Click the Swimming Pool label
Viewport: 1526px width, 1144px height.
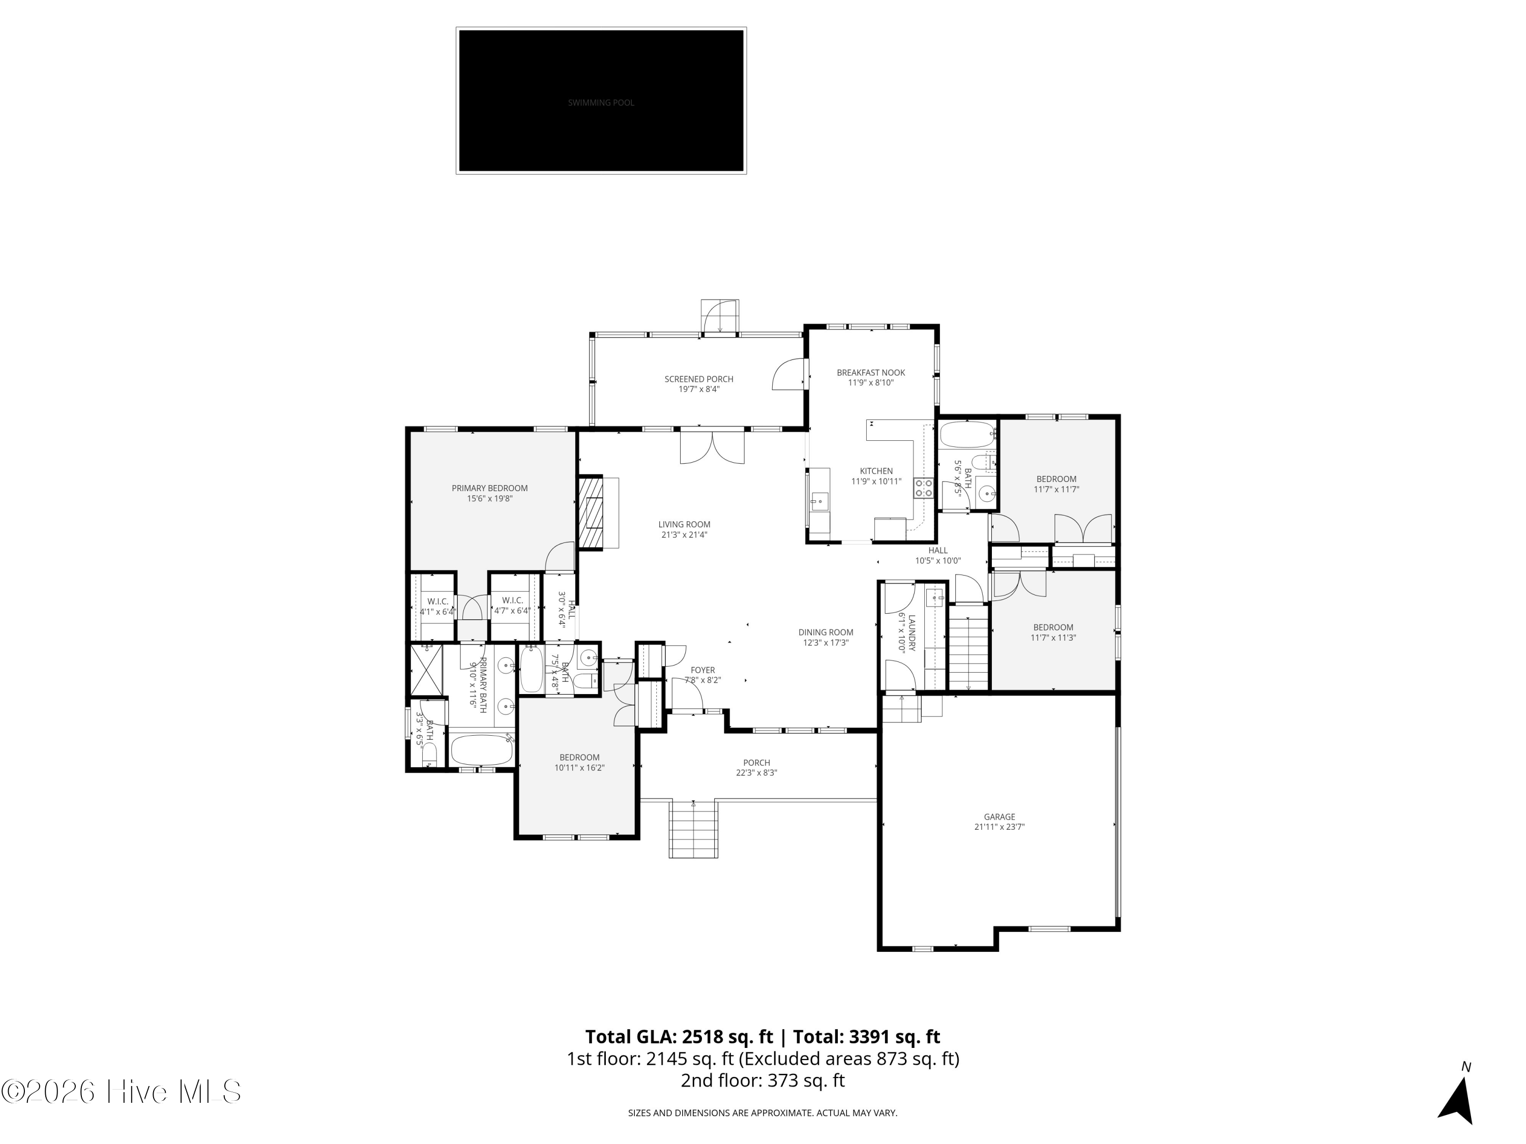pyautogui.click(x=601, y=103)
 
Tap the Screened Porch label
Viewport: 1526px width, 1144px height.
pyautogui.click(x=698, y=379)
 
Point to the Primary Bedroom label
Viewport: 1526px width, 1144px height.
pyautogui.click(x=489, y=488)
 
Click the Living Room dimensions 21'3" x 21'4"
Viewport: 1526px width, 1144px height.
pyautogui.click(x=684, y=534)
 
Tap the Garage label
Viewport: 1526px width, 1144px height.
pyautogui.click(x=999, y=817)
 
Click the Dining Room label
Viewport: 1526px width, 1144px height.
pyautogui.click(x=825, y=633)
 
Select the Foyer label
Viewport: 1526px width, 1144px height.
pyautogui.click(x=702, y=670)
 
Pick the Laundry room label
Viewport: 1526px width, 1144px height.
pyautogui.click(x=911, y=633)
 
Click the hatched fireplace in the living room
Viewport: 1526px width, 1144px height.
pyautogui.click(x=590, y=511)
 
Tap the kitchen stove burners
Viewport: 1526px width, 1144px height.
pyautogui.click(x=923, y=488)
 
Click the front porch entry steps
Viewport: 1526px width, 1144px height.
pyautogui.click(x=693, y=831)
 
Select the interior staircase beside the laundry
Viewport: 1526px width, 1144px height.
pyautogui.click(x=969, y=651)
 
